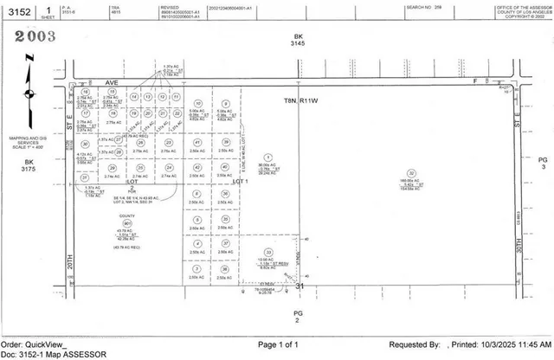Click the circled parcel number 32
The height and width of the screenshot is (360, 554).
pos(412,173)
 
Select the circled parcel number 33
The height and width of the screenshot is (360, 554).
pos(268,253)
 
